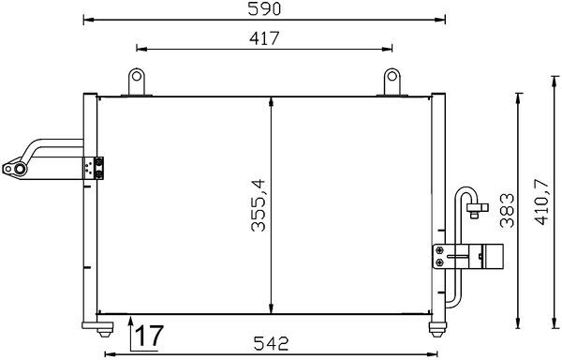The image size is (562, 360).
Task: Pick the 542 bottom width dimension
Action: [268, 343]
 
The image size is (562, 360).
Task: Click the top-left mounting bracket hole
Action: [137, 78]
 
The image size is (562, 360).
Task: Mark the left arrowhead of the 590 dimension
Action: [87, 19]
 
